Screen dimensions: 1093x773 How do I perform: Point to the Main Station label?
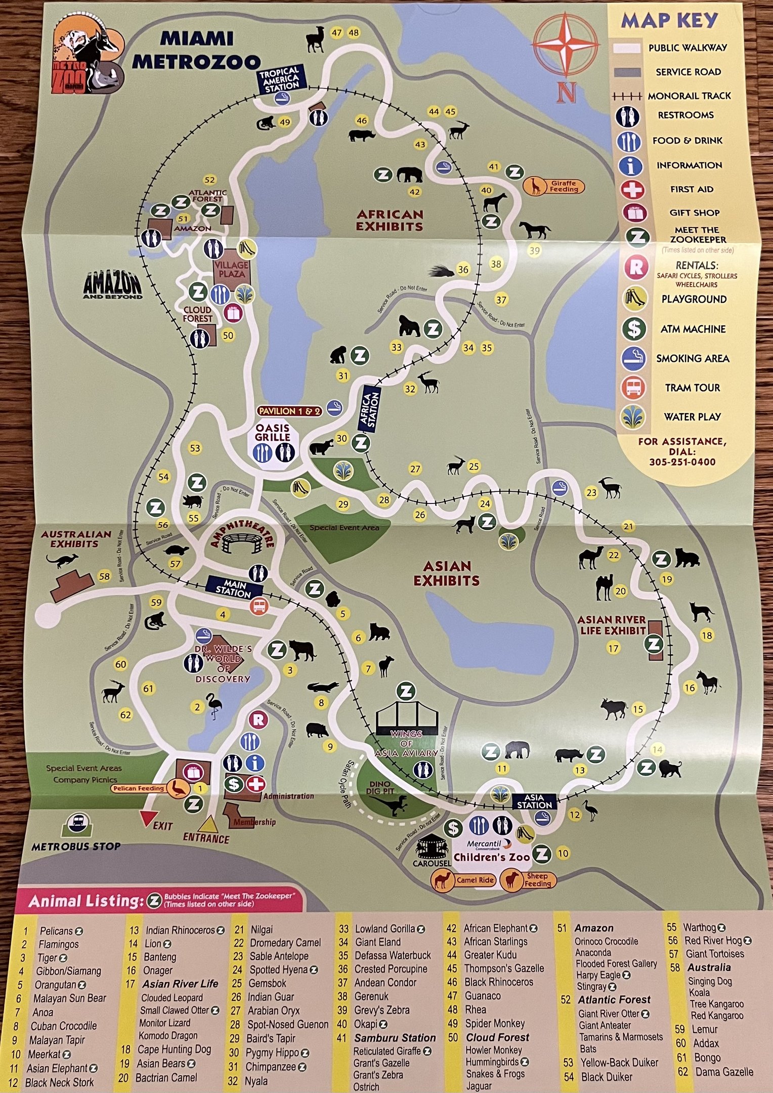tap(234, 588)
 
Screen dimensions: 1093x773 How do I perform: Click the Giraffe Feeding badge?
tap(553, 186)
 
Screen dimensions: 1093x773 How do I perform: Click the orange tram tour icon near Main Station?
tap(259, 606)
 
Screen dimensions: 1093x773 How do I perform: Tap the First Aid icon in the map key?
tap(633, 190)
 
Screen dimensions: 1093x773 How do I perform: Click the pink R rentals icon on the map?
tap(258, 720)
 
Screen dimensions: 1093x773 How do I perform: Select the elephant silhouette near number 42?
tap(409, 175)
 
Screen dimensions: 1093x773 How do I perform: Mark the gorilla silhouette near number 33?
tap(409, 326)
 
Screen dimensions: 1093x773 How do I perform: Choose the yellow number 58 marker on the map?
tap(104, 576)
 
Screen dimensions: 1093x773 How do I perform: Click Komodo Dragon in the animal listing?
tap(168, 1035)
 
